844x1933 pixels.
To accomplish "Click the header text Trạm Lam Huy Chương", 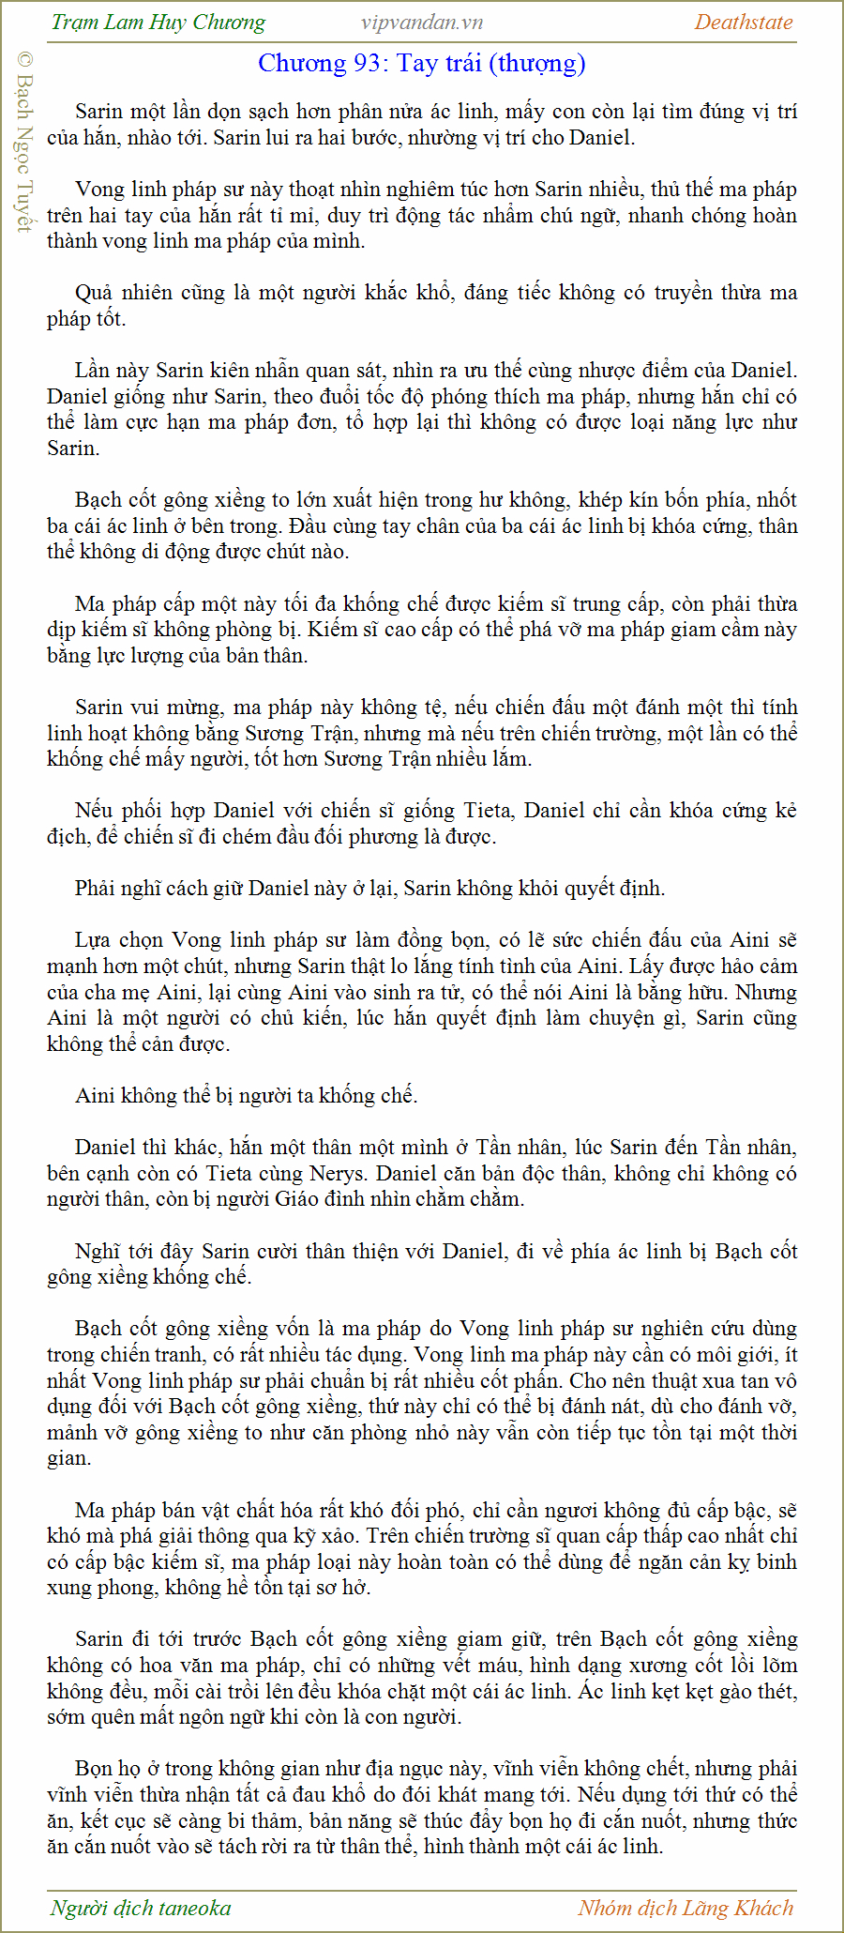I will pyautogui.click(x=158, y=23).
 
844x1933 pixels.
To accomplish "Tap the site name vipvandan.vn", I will pyautogui.click(x=421, y=23).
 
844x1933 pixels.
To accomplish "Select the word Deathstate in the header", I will pyautogui.click(x=743, y=23).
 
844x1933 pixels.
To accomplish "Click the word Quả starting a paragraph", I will pyautogui.click(x=93, y=293).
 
